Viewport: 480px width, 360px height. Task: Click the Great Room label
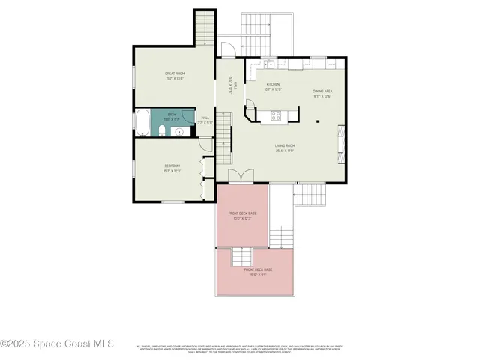174,73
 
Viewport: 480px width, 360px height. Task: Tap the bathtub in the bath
142,121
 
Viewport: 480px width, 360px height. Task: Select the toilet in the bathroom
162,132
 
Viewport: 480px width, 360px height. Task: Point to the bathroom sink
178,131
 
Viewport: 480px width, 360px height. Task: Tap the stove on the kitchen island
275,115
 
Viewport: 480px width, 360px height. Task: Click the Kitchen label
273,84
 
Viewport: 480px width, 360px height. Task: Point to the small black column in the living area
319,120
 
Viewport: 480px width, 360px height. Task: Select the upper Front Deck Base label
242,213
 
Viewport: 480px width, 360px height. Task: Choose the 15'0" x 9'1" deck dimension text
257,274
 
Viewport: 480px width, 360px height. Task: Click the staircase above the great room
204,28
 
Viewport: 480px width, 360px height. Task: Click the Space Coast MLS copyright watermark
57,344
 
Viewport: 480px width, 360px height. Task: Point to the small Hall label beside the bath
205,118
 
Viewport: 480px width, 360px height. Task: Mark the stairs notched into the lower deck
242,256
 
